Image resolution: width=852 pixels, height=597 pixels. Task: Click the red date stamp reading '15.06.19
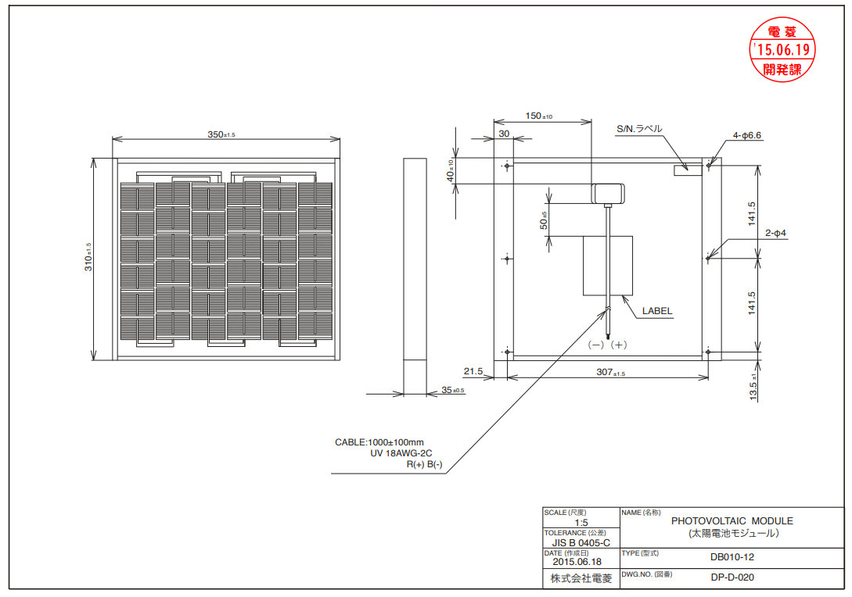coord(782,50)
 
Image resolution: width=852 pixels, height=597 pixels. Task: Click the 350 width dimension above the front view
coord(221,134)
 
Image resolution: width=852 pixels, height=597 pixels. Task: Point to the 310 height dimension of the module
coord(88,257)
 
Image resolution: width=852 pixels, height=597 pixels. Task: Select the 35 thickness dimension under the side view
coord(453,390)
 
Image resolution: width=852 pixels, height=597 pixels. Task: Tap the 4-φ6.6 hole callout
coord(747,135)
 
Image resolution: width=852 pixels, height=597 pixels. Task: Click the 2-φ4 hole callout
coord(776,233)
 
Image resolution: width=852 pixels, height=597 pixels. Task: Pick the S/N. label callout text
coord(639,129)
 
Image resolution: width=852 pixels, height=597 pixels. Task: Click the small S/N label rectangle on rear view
coord(688,170)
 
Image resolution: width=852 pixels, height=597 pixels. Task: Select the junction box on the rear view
coord(608,193)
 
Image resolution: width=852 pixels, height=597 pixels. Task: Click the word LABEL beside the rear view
coord(657,311)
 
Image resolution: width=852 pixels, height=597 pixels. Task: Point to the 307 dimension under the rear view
coord(611,372)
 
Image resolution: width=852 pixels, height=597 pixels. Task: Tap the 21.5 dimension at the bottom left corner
coord(473,371)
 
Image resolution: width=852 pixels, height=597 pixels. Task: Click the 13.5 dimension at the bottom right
coord(753,388)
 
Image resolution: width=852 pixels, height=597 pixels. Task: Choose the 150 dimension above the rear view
coord(538,116)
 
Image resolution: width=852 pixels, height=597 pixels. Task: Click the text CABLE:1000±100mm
coord(379,442)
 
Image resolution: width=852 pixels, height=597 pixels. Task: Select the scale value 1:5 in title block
coord(581,522)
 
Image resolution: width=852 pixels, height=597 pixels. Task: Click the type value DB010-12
coord(732,557)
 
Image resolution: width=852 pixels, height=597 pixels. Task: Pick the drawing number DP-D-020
coord(732,577)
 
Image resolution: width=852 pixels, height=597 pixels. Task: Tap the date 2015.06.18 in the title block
coord(577,562)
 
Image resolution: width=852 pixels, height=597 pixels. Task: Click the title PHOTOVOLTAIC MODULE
coord(732,521)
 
